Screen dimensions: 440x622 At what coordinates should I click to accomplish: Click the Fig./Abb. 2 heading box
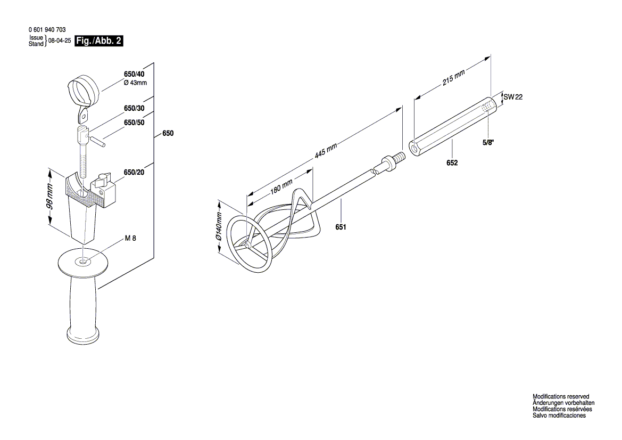(99, 41)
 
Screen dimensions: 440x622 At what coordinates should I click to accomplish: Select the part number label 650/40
(134, 74)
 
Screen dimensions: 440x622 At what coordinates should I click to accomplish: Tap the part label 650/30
(134, 108)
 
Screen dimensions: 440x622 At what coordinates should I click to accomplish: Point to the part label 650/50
(134, 123)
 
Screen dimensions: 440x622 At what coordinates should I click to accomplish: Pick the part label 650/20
(134, 172)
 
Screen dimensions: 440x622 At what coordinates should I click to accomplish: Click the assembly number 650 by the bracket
(168, 134)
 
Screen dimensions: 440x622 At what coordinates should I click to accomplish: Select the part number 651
(341, 227)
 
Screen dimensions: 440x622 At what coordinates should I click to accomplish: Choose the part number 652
(452, 163)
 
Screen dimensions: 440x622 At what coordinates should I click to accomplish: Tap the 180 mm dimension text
(281, 187)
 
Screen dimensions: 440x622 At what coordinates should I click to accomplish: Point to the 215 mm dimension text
(454, 79)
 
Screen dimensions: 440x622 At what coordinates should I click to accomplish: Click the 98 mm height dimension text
(49, 197)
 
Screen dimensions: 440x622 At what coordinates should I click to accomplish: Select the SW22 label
(513, 97)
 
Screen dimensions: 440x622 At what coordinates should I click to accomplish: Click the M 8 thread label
(130, 239)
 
